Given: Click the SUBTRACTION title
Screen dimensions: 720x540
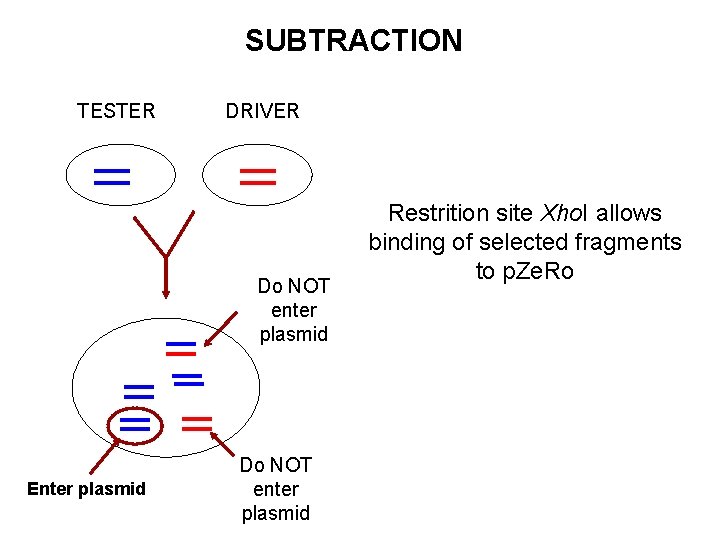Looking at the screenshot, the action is click(x=354, y=40).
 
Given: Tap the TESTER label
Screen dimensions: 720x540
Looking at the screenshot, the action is click(x=116, y=111).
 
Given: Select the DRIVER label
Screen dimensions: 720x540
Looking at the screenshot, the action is click(x=262, y=111).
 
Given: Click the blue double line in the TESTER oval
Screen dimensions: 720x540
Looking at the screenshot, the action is click(x=112, y=177).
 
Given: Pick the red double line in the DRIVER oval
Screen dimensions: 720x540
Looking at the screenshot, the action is click(x=258, y=177).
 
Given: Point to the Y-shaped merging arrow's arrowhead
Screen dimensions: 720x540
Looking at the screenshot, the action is click(x=166, y=293).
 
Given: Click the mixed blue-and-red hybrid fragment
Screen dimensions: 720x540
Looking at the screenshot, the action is click(x=181, y=349).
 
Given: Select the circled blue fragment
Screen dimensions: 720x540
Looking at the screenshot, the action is click(x=135, y=425).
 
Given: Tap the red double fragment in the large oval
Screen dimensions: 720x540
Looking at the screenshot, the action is click(x=197, y=424).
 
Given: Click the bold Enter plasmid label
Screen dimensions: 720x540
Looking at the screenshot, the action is click(x=86, y=489).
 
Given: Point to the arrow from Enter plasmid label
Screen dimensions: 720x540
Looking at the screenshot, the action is click(x=105, y=456).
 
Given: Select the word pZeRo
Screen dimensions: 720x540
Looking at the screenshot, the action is click(x=538, y=271).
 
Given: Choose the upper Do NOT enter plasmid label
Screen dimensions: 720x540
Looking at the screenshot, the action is click(x=294, y=310).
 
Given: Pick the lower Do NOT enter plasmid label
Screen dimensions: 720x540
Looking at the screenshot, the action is click(x=276, y=489).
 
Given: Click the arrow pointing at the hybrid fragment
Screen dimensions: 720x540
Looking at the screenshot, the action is click(x=220, y=329).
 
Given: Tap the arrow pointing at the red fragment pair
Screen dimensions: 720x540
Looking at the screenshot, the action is click(x=222, y=444).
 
